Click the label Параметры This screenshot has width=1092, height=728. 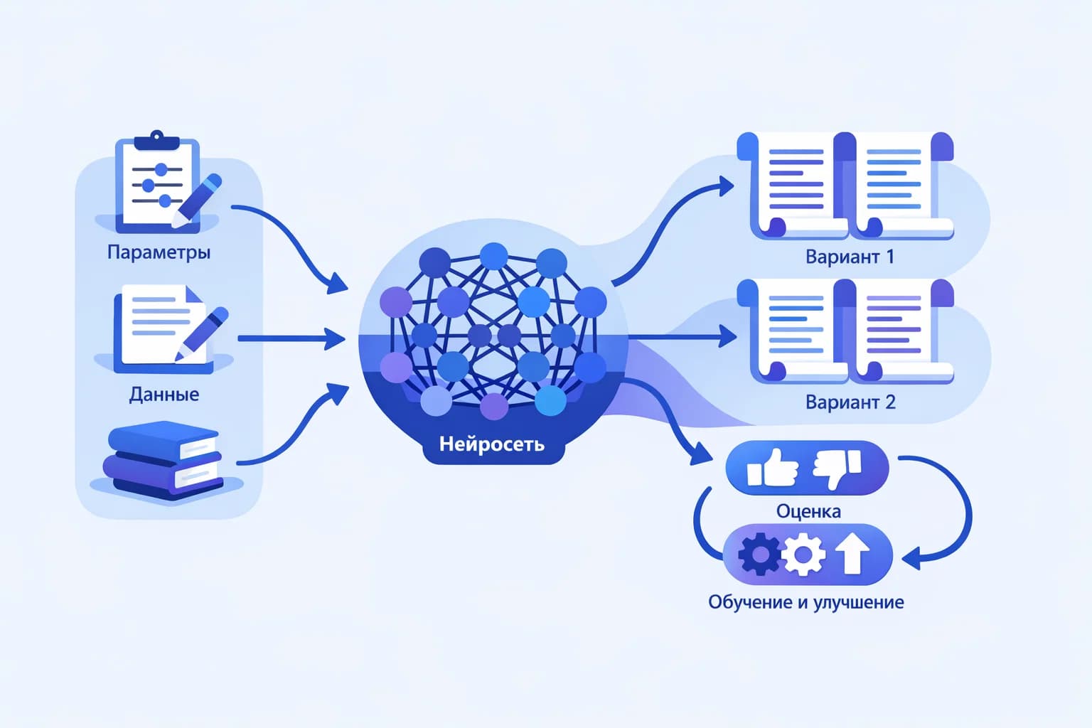point(159,252)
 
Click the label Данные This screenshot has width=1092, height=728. point(164,395)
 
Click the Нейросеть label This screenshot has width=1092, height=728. point(492,444)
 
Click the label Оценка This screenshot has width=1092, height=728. point(808,511)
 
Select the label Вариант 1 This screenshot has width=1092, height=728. point(850,257)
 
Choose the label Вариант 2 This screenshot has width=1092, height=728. point(850,402)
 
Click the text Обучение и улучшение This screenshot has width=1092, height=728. point(806,602)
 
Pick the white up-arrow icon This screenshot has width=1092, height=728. point(852,554)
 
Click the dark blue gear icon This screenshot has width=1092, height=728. point(759,554)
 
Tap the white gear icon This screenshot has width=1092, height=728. point(804,554)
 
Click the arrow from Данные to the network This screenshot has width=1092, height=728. point(291,338)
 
